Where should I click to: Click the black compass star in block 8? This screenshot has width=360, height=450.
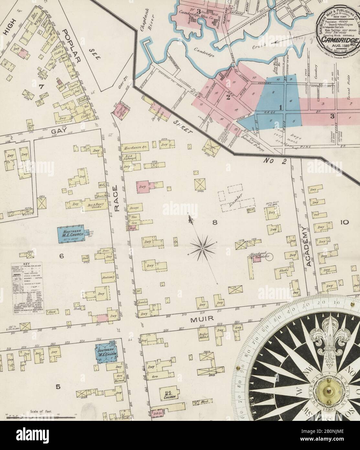pyautogui.click(x=202, y=248)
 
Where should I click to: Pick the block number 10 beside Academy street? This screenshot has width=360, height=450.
pyautogui.click(x=344, y=222)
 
